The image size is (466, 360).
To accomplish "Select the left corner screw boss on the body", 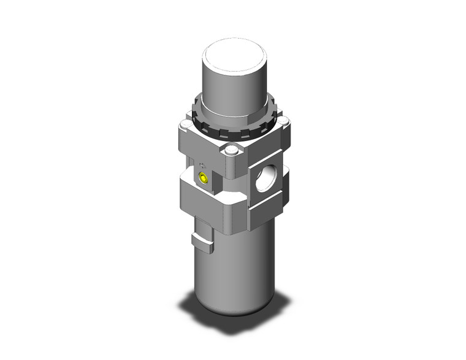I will coord(185,127).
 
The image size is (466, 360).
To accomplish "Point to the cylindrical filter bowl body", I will coord(236,270).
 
